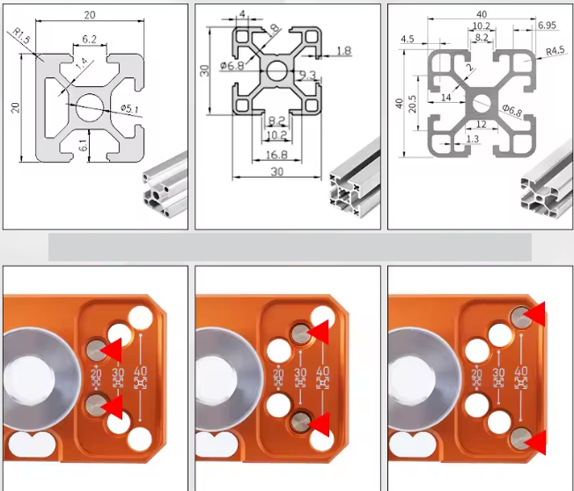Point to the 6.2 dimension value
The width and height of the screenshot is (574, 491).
point(90,40)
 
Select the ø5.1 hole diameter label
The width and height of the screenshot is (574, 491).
point(130,108)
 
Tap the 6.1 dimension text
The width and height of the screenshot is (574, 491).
point(83,146)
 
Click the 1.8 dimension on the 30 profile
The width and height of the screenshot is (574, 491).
point(343,51)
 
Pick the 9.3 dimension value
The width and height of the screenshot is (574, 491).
point(307,76)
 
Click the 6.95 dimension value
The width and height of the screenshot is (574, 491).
point(545,26)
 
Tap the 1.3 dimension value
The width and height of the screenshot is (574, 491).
point(472,139)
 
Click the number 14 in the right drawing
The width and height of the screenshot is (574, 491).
point(445,98)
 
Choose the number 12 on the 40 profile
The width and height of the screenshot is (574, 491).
point(481,123)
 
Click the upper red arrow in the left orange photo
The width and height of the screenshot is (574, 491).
point(111,350)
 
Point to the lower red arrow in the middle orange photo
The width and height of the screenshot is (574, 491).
point(320,424)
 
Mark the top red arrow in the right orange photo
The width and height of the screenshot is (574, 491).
point(535,312)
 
